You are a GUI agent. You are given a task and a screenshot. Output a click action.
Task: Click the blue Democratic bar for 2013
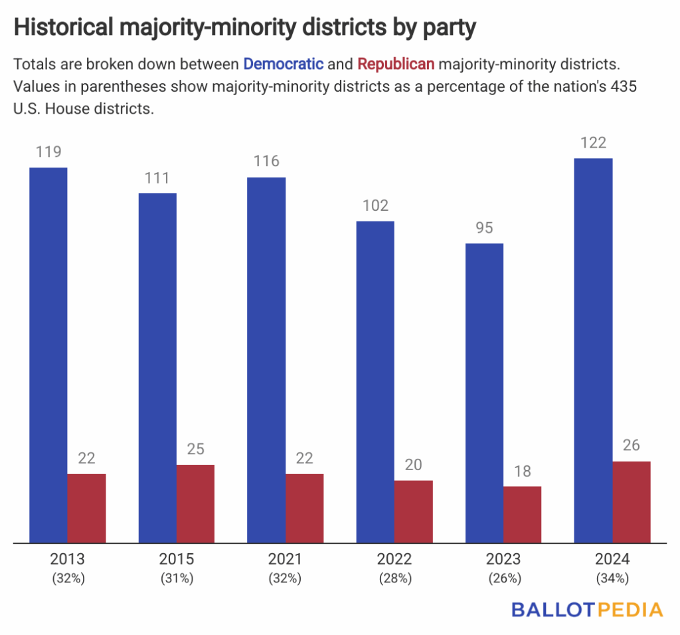coord(48,355)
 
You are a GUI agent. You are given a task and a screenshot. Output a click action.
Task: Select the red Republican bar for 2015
coord(195,503)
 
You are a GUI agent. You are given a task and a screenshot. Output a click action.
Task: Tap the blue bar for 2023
coord(484,393)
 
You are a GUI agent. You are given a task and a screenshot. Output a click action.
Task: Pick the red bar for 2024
coord(631,502)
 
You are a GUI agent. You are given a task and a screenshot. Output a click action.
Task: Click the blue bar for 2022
coord(375,382)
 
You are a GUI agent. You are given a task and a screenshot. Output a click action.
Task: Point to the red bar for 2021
coord(305,508)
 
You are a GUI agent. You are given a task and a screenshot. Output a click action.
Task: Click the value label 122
coord(593,142)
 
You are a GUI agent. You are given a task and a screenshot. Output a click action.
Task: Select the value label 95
coord(484,228)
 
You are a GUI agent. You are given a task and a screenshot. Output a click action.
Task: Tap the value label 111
coord(157,178)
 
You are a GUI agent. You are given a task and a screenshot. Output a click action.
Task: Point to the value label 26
coord(631,445)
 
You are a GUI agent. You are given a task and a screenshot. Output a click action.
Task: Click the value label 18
coord(522,471)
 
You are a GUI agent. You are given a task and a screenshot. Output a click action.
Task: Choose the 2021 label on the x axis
coord(285,559)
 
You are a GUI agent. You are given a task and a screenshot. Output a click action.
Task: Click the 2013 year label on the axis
coord(68,559)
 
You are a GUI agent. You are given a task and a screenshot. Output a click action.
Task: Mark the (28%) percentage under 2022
coord(394,578)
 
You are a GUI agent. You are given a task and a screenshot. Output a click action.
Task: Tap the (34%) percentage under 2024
coord(612,578)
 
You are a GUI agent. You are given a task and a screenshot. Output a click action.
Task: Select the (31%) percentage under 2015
coord(177,578)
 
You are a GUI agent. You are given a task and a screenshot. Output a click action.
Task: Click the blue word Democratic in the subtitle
coord(284,64)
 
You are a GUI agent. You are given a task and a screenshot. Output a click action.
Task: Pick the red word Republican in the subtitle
coord(396,64)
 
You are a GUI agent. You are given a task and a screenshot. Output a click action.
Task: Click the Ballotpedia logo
coord(587,610)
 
